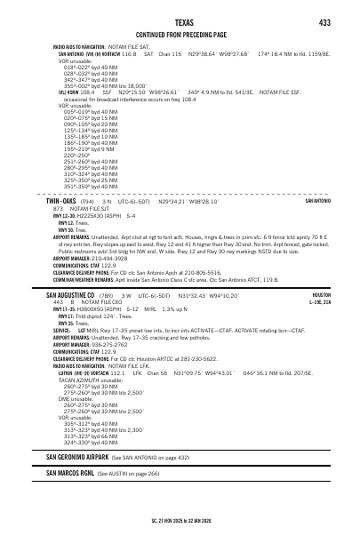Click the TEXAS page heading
(180, 22)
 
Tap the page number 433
(324, 22)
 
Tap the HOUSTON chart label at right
(320, 294)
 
